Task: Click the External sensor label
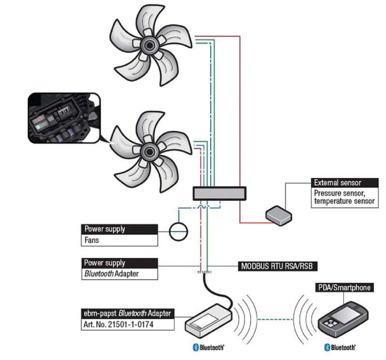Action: pos(343,183)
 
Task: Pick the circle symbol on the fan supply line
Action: pos(179,232)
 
